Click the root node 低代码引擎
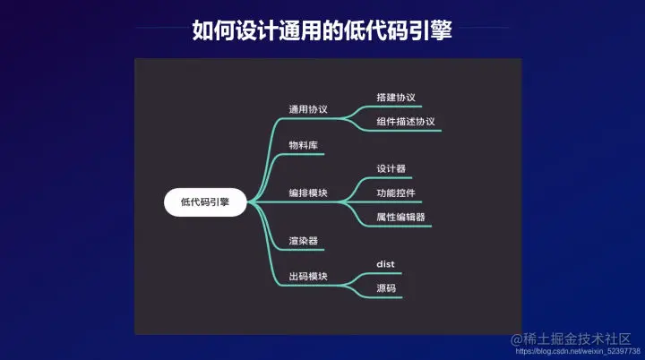pyautogui.click(x=204, y=201)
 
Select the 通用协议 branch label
pyautogui.click(x=307, y=109)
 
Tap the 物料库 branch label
pyautogui.click(x=303, y=144)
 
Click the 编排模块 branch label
pyautogui.click(x=307, y=193)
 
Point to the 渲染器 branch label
pyautogui.click(x=303, y=241)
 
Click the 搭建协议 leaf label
pyautogui.click(x=396, y=97)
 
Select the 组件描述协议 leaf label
pyautogui.click(x=405, y=121)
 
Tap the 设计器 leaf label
pyautogui.click(x=391, y=168)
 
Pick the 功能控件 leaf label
pyautogui.click(x=396, y=193)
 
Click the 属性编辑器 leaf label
pyautogui.click(x=400, y=217)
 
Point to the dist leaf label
pyautogui.click(x=385, y=264)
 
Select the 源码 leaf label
pyautogui.click(x=386, y=288)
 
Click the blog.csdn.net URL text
pyautogui.click(x=573, y=351)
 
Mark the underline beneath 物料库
pyautogui.click(x=304, y=155)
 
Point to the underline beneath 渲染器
pyautogui.click(x=304, y=251)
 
